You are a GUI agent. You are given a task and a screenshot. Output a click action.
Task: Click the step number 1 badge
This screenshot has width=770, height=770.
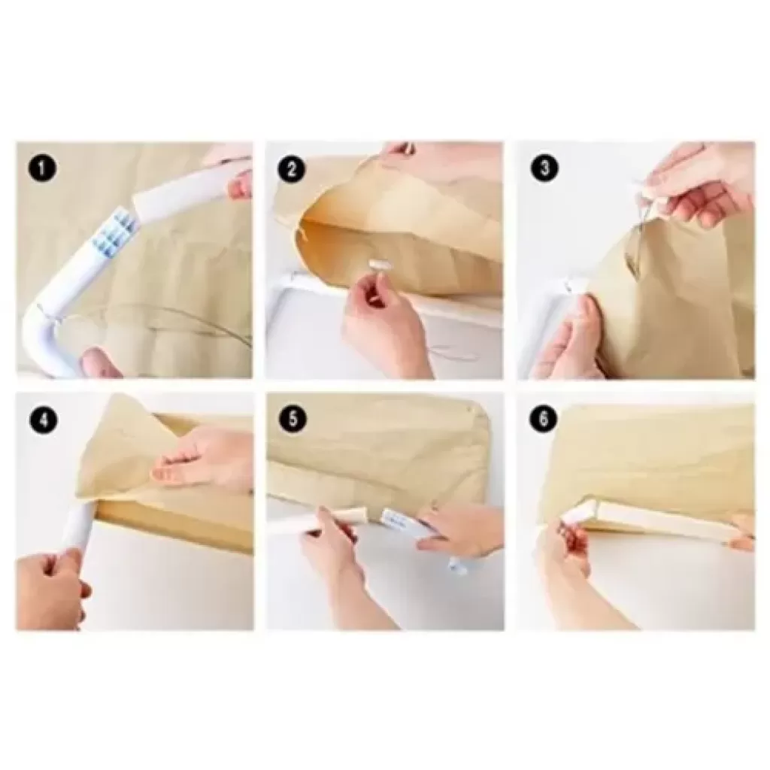[x=43, y=168]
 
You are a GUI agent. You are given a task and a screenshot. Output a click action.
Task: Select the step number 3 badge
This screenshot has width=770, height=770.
[x=544, y=168]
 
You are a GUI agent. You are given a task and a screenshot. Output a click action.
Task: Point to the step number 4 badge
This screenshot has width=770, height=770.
[x=44, y=420]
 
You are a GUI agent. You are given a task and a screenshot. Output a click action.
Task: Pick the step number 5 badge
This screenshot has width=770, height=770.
[x=293, y=419]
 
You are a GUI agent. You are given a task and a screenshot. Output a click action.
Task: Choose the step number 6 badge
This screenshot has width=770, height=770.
[x=544, y=419]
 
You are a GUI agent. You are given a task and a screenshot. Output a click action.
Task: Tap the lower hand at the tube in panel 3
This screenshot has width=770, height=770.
[x=570, y=339]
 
